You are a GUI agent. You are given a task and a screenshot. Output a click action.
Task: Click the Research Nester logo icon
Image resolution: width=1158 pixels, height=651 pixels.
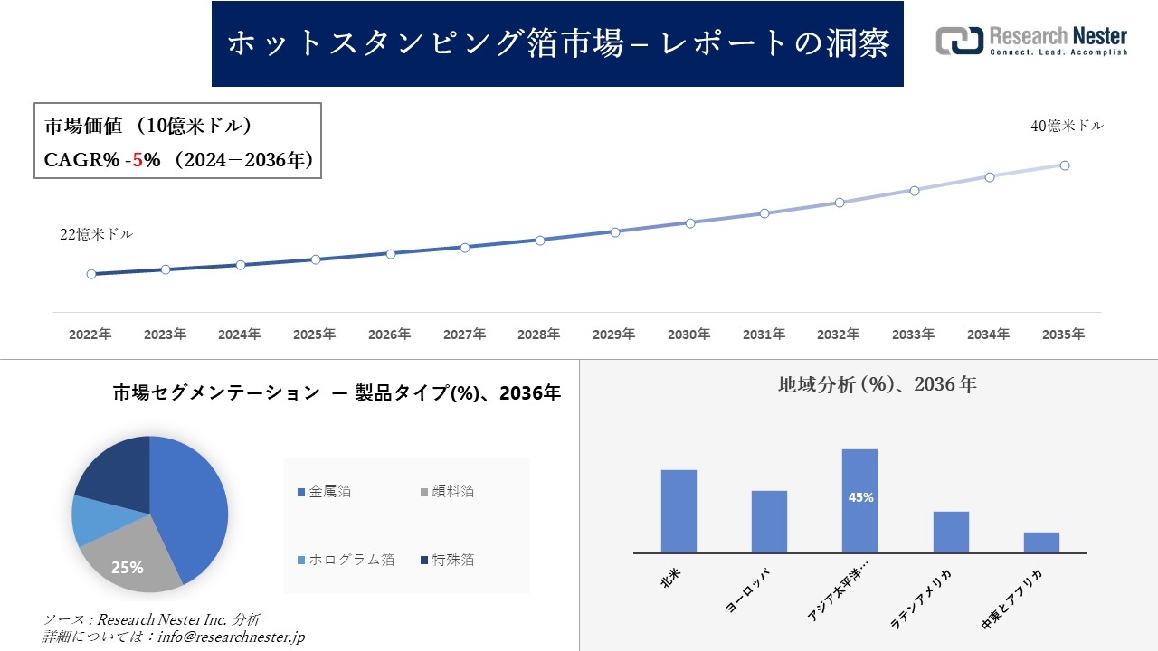(x=960, y=41)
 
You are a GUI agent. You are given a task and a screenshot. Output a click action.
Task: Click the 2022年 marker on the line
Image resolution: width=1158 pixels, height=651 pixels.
(x=91, y=274)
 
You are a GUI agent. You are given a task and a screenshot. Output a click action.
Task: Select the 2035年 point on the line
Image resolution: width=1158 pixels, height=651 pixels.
(x=1065, y=165)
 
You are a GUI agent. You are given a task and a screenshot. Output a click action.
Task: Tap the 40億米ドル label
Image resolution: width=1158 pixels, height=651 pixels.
(x=1067, y=127)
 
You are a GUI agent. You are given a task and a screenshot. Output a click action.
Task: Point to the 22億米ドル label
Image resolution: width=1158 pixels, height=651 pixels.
(x=96, y=234)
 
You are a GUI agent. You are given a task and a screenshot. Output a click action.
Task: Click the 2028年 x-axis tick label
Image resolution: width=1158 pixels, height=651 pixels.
(x=539, y=335)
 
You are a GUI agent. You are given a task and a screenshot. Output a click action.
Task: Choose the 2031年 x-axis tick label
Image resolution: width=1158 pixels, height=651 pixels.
(x=764, y=335)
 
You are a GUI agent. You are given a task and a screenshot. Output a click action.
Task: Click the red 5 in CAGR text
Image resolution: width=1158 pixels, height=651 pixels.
(x=138, y=160)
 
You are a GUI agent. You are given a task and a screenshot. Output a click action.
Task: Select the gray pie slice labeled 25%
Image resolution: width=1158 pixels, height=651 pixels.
(x=127, y=565)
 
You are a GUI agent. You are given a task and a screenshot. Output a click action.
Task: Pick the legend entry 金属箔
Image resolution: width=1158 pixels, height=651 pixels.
(x=329, y=492)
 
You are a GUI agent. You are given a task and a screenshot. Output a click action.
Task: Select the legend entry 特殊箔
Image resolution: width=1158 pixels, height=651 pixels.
(x=452, y=560)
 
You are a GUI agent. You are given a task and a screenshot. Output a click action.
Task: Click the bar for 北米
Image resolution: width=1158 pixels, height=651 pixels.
(x=679, y=511)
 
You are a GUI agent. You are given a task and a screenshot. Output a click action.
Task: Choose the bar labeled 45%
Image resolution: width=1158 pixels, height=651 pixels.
(x=859, y=500)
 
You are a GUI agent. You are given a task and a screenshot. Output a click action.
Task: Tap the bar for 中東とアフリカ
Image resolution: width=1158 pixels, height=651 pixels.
(x=1041, y=542)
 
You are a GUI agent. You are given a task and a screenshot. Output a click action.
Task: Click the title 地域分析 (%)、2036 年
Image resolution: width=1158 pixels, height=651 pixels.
(x=877, y=384)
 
